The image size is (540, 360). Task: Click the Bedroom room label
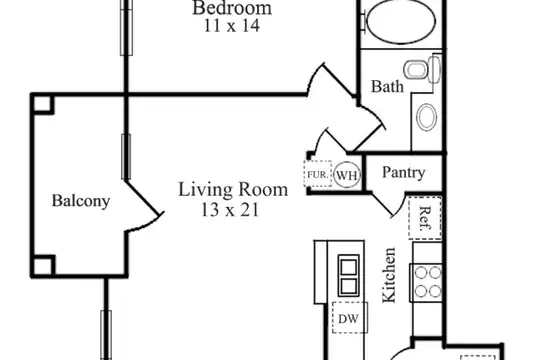[232, 8]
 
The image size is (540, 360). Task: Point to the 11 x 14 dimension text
[232, 26]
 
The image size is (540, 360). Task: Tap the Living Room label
[233, 189]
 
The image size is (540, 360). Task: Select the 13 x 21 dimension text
[230, 209]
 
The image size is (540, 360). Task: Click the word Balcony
[81, 201]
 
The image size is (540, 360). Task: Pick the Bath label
[387, 86]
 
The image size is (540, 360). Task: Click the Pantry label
[404, 172]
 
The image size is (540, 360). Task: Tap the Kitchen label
[389, 275]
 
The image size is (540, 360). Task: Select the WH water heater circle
[347, 175]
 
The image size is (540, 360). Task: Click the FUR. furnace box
[318, 174]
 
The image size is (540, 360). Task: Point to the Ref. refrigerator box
[425, 218]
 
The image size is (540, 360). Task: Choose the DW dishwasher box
[350, 318]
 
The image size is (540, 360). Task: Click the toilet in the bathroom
[422, 69]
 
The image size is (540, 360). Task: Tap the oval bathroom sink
[426, 117]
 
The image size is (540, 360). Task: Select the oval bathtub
[401, 21]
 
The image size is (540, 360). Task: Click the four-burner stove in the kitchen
[426, 283]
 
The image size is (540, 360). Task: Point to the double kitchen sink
[348, 276]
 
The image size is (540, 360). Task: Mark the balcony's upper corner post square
[43, 104]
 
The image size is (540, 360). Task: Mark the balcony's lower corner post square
[43, 266]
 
